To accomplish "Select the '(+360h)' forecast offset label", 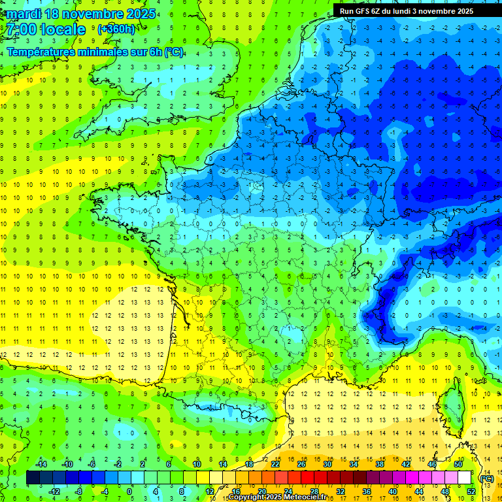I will [117, 29].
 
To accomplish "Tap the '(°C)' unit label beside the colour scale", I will [486, 478].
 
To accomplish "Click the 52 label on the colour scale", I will [471, 492].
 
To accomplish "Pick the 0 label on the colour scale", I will [129, 492].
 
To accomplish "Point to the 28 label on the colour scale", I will [314, 492].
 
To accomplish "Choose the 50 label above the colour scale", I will [458, 464].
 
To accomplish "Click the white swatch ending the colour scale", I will [464, 478].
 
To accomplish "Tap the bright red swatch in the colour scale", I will [307, 478].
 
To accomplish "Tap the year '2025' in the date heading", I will [141, 14].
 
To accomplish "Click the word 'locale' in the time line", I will [63, 29].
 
